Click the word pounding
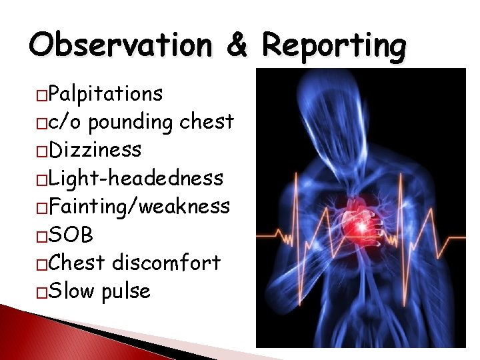coord(132,122)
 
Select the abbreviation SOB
coord(71,235)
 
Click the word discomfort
coord(166,263)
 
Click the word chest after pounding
coord(206,122)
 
